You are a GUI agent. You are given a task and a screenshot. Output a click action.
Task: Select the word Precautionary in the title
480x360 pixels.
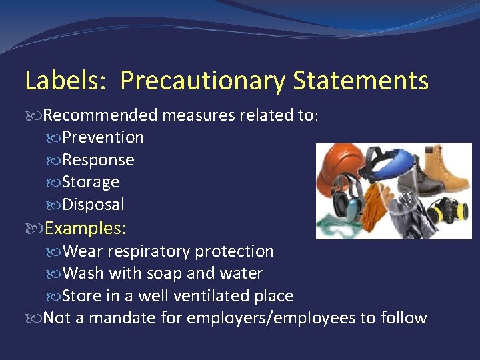(x=202, y=81)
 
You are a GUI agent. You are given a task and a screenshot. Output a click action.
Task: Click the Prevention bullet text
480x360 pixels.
(x=103, y=137)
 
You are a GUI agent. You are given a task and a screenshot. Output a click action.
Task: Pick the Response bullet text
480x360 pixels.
(x=98, y=160)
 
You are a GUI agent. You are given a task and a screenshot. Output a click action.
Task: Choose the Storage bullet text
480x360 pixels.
(x=91, y=182)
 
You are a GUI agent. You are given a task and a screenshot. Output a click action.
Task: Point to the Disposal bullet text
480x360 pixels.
(x=93, y=205)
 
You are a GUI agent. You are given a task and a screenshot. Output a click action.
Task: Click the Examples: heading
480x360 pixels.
(x=85, y=228)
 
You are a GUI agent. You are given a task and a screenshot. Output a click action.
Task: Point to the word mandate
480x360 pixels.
(x=123, y=318)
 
